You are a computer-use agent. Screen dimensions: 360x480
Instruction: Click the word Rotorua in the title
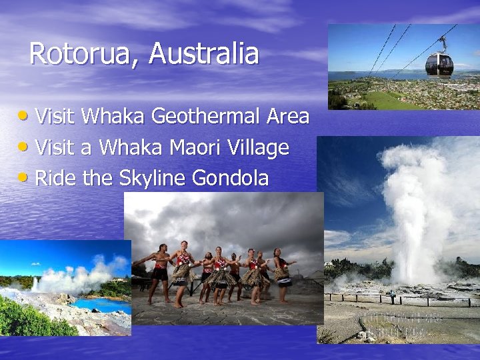[x=80, y=54]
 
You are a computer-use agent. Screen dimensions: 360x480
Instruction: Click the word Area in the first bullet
[x=287, y=117]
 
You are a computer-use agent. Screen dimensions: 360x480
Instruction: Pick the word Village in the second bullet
[x=259, y=148]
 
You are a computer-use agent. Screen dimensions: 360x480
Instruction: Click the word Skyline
[x=153, y=178]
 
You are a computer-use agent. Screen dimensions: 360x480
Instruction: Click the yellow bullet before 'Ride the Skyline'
[x=24, y=177]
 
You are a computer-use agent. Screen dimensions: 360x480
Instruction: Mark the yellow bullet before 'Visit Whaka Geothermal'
[x=24, y=115]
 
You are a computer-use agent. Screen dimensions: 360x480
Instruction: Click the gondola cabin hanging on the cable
[x=439, y=64]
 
